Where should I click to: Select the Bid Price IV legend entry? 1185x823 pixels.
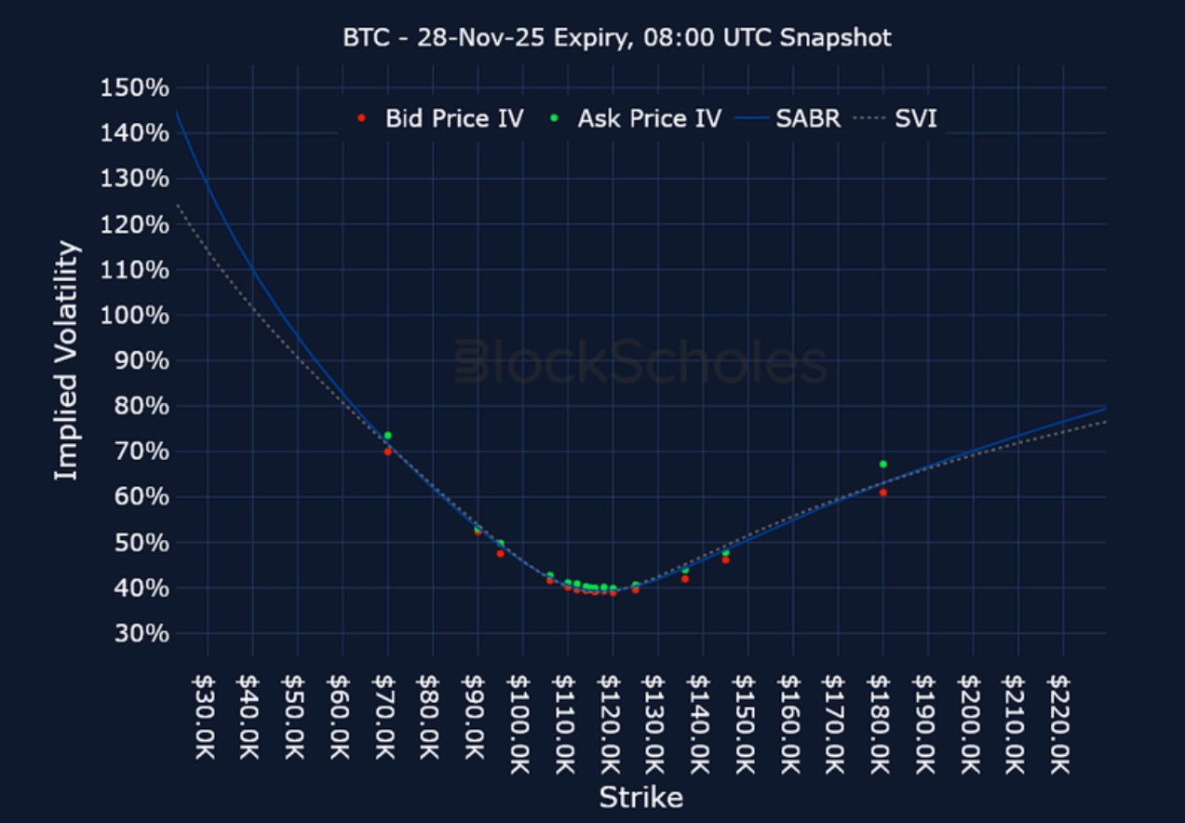pyautogui.click(x=441, y=118)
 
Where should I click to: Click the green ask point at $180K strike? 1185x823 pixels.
pyautogui.click(x=882, y=464)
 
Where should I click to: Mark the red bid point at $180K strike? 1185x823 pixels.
pyautogui.click(x=882, y=492)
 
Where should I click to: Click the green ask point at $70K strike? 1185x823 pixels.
pyautogui.click(x=387, y=436)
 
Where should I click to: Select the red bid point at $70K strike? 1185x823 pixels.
pyautogui.click(x=387, y=452)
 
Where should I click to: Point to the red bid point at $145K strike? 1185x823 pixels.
pyautogui.click(x=725, y=560)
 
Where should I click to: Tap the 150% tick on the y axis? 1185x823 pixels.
pyautogui.click(x=134, y=88)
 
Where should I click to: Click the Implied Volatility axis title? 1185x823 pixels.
pyautogui.click(x=64, y=361)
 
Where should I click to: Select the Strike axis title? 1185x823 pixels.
pyautogui.click(x=640, y=798)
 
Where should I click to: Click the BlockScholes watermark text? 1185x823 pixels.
pyautogui.click(x=640, y=362)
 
